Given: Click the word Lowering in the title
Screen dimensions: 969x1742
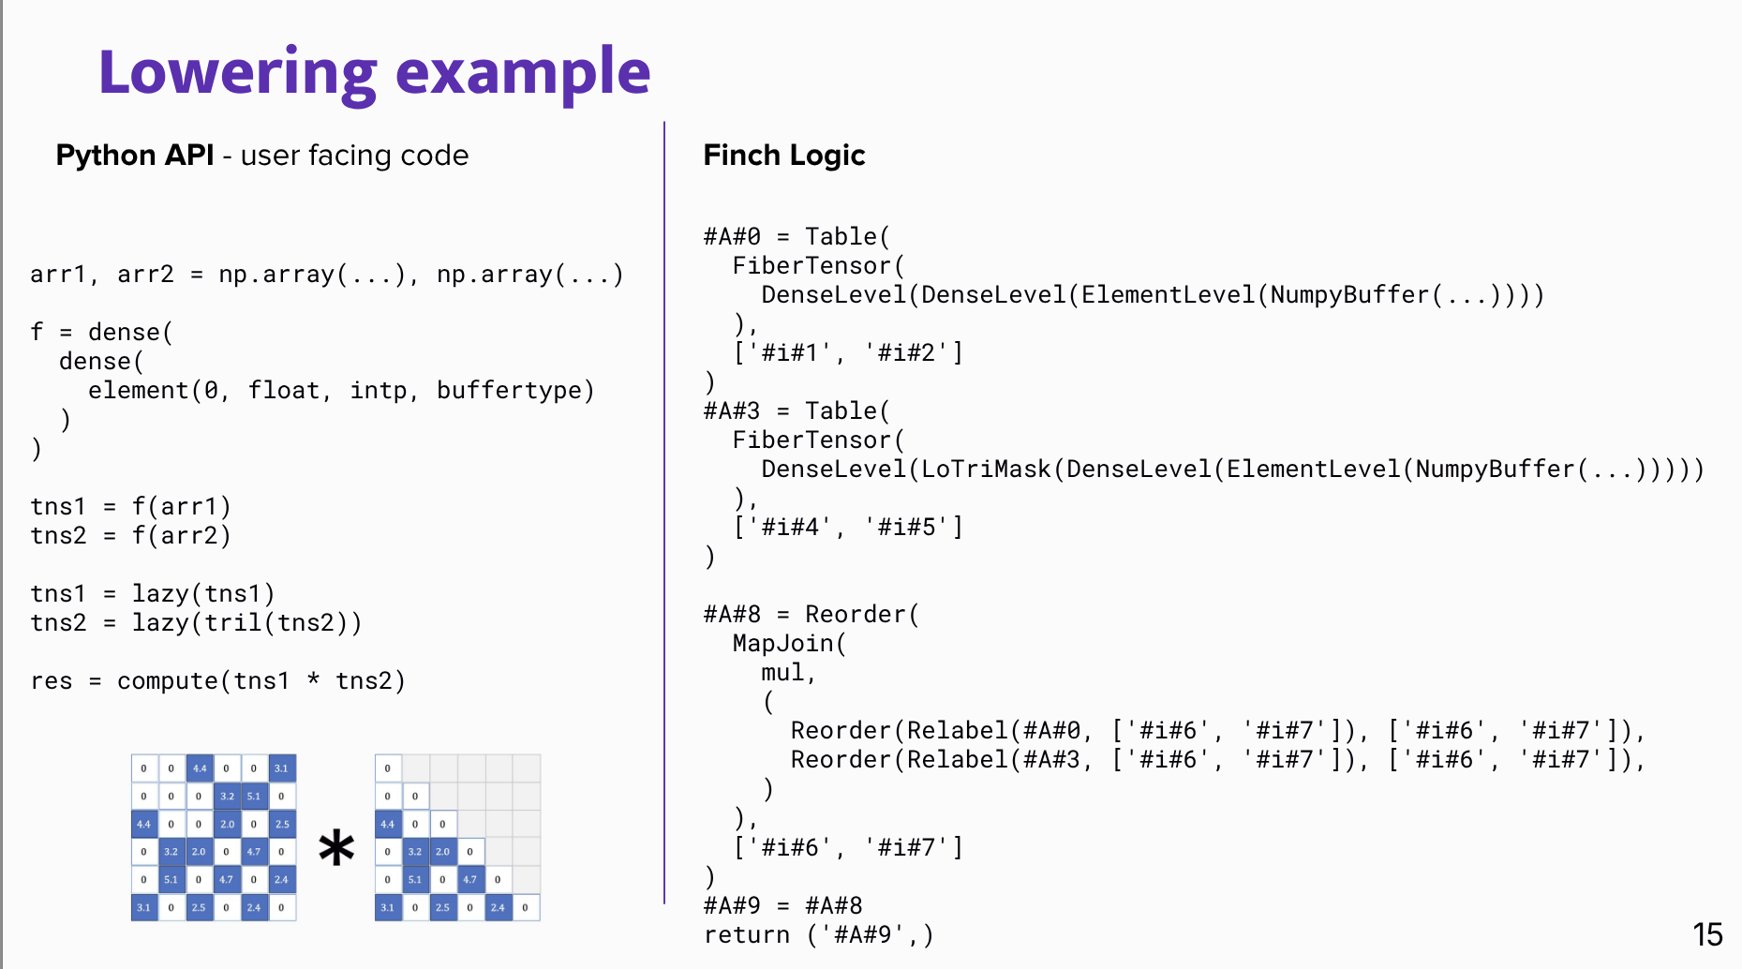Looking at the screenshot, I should tap(237, 73).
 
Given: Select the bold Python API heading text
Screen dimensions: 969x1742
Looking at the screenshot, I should tap(135, 155).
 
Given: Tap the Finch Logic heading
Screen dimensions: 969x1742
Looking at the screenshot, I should tap(783, 155).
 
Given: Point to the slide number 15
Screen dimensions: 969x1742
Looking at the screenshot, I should tap(1707, 934).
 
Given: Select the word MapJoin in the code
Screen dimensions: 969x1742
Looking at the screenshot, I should tap(783, 643).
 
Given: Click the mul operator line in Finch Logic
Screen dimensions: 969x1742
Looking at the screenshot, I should tap(787, 672).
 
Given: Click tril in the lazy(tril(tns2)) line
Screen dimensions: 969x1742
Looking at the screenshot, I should tap(232, 622).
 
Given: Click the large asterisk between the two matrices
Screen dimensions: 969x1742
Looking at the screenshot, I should tap(336, 848).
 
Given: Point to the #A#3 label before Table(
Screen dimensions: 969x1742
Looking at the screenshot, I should tap(732, 410).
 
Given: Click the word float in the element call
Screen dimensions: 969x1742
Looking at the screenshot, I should tap(284, 390).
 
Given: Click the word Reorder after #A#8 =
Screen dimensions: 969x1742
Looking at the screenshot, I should tap(856, 614).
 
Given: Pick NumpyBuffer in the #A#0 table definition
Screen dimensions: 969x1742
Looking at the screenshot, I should tap(1349, 294).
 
